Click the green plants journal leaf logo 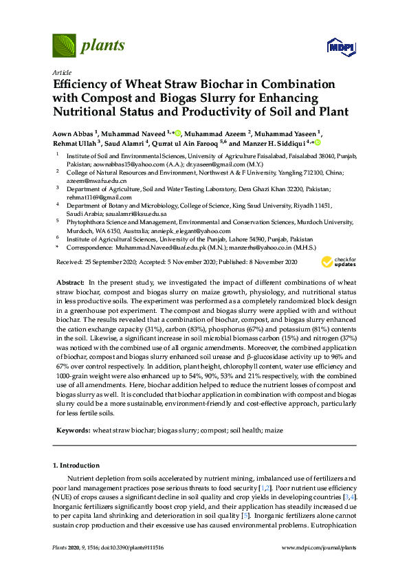[65, 45]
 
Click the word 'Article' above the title [61, 72]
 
